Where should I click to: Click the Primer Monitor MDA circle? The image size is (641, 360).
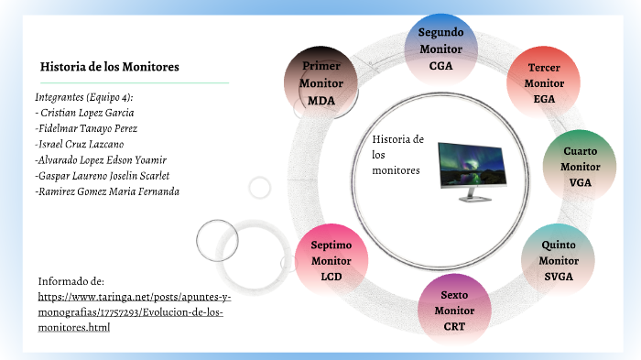[321, 82]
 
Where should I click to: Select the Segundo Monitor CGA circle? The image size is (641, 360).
[440, 49]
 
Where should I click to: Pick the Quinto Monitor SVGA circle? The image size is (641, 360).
[558, 260]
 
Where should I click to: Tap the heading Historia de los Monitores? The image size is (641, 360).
[109, 67]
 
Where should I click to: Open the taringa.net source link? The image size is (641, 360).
[134, 311]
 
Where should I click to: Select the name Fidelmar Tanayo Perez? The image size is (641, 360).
[86, 128]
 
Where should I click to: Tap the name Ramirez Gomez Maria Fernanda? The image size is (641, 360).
[107, 191]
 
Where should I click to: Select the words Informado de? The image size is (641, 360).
[71, 280]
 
